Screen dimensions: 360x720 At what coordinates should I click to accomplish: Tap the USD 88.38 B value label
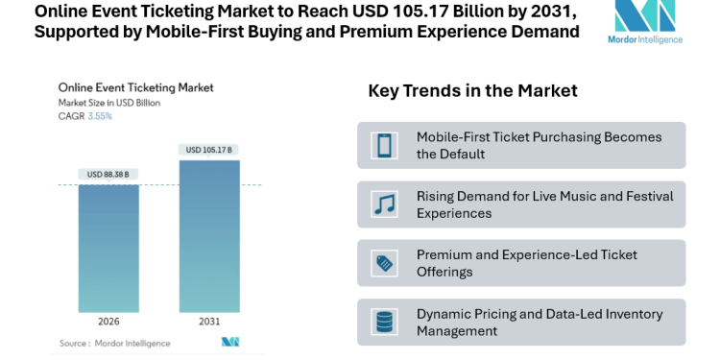click(108, 174)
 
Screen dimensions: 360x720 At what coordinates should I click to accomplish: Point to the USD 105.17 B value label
click(208, 149)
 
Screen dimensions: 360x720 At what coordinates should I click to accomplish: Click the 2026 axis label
click(108, 322)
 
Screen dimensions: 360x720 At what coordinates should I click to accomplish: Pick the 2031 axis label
click(208, 322)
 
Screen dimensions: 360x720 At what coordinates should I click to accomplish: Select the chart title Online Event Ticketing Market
click(135, 87)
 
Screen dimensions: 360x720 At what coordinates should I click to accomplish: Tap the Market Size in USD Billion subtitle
click(109, 102)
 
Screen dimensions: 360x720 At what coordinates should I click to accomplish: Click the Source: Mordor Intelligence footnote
click(114, 343)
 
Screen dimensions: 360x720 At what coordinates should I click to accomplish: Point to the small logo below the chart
click(230, 342)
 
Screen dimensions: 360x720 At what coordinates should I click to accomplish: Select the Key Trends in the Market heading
click(472, 91)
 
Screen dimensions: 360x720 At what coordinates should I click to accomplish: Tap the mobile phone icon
click(384, 145)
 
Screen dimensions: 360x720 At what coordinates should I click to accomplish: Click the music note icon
click(384, 204)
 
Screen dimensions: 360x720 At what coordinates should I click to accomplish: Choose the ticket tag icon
click(384, 263)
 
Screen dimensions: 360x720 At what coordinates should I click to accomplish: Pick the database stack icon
click(384, 322)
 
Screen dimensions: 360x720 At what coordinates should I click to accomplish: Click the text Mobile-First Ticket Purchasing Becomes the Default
click(539, 145)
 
